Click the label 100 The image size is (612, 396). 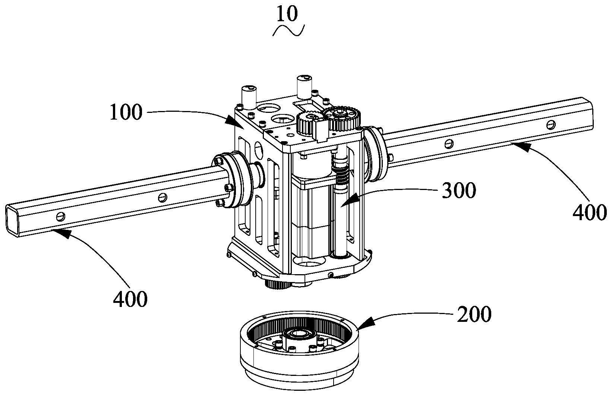[x=126, y=112]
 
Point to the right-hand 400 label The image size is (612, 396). [x=590, y=213]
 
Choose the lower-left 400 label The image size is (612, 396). [x=130, y=299]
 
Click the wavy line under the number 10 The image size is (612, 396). [x=288, y=30]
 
